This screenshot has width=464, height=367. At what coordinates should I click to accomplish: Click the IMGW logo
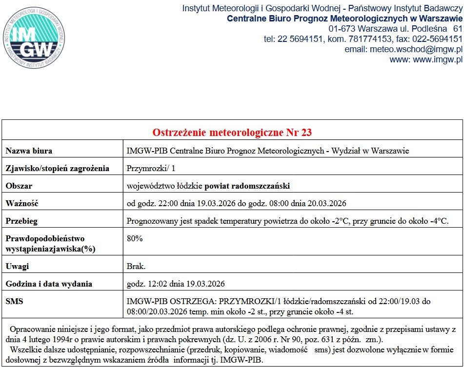(x=33, y=37)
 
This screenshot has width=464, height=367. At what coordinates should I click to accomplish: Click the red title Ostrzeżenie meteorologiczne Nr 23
(x=232, y=133)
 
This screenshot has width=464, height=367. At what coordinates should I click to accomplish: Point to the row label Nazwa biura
(x=29, y=151)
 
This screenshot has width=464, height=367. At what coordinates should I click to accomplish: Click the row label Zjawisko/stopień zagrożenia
(x=57, y=169)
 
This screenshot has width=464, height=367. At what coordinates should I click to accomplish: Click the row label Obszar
(x=19, y=186)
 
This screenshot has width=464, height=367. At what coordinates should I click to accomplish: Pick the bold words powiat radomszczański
(x=247, y=186)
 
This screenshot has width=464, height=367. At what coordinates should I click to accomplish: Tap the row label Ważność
(x=21, y=203)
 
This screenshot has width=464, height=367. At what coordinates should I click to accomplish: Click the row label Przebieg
(x=21, y=221)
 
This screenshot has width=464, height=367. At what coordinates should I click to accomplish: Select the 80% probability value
(x=135, y=239)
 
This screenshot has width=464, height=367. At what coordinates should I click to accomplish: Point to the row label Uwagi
(x=17, y=266)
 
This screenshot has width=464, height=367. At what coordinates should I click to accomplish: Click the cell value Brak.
(x=136, y=266)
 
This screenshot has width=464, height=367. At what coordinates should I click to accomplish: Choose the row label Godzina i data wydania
(x=49, y=284)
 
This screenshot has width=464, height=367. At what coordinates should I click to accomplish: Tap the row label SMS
(x=14, y=302)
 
